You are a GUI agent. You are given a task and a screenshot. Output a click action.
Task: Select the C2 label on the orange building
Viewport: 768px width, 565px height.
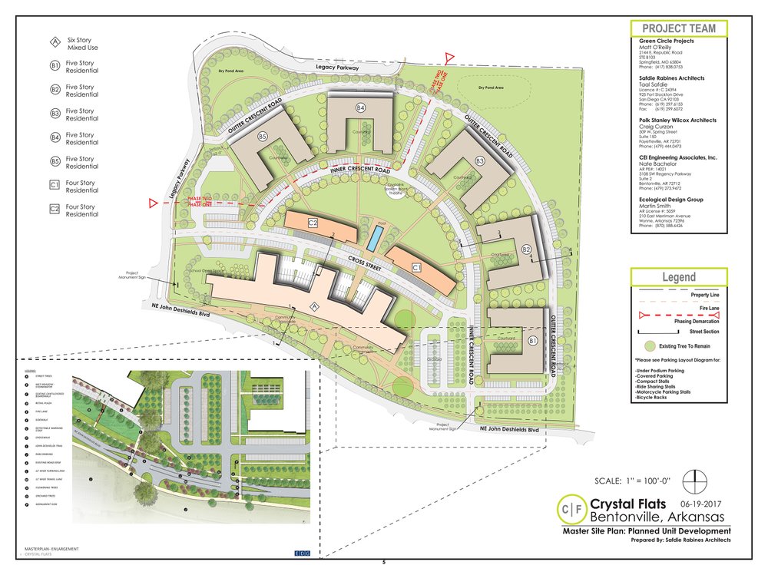[x=313, y=223]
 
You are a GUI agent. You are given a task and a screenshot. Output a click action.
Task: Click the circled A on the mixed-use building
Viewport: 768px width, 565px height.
[x=312, y=306]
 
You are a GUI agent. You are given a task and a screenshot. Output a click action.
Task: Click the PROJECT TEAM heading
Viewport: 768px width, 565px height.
[x=678, y=29]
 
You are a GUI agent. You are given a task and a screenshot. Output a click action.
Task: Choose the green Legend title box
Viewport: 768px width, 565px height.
[x=679, y=277]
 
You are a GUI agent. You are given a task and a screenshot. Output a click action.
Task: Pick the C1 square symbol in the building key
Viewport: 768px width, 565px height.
[x=55, y=185]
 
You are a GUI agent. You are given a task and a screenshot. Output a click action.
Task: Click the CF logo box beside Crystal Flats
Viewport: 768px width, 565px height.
[x=571, y=510]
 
